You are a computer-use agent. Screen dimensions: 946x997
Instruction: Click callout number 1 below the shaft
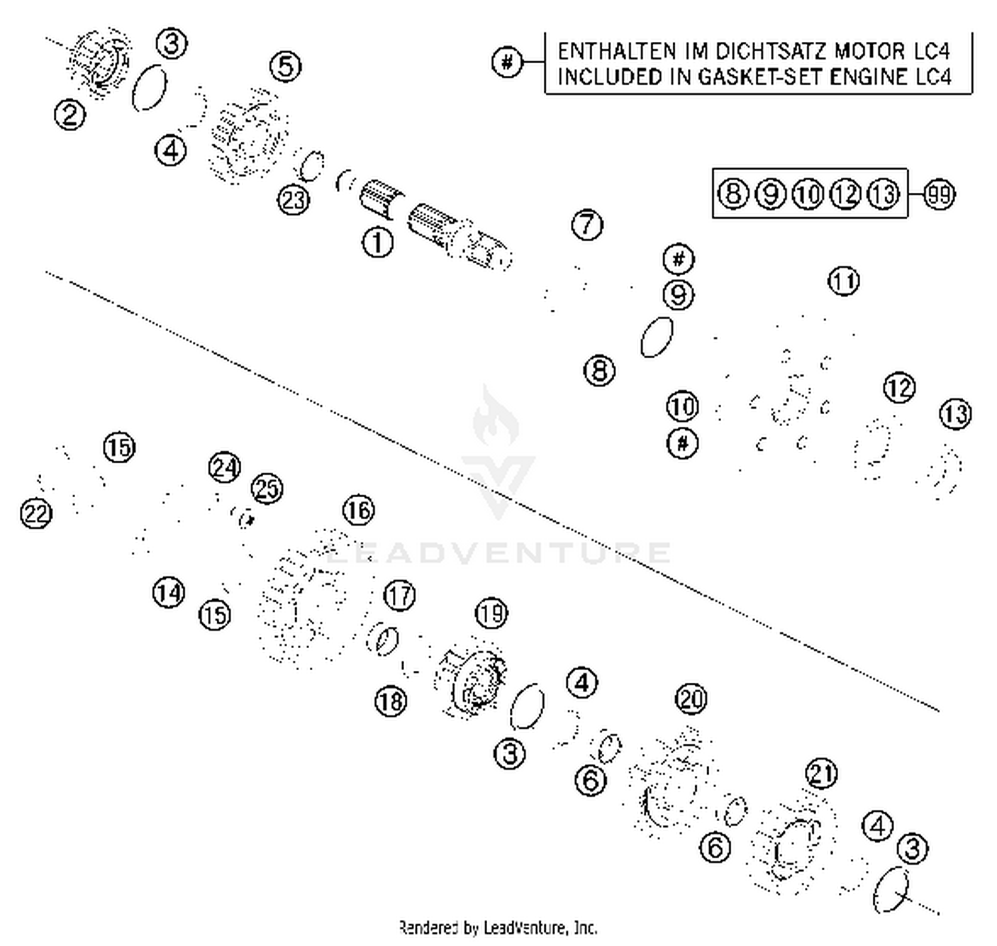tap(377, 242)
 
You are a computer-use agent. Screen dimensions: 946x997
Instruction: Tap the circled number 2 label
tap(70, 115)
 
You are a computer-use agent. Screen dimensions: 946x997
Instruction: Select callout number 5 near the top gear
tap(285, 66)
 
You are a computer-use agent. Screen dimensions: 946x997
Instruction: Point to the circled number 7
tap(587, 224)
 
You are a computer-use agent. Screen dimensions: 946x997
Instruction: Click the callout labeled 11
tap(843, 281)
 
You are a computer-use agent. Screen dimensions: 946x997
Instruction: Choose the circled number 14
tap(168, 592)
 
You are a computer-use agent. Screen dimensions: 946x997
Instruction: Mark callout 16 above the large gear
tap(358, 511)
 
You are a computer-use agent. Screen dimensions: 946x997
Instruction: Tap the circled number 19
tap(491, 613)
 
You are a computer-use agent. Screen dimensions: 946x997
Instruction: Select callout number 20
tap(691, 699)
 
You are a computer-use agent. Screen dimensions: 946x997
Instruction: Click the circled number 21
tap(822, 774)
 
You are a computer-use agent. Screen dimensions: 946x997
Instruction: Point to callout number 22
tap(36, 513)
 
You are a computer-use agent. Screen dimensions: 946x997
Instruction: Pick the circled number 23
tap(293, 199)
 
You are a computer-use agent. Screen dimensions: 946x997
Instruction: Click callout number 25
tap(267, 489)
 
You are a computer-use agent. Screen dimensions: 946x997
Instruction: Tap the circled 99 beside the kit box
tap(939, 195)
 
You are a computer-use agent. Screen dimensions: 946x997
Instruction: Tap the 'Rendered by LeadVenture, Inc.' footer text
tap(498, 927)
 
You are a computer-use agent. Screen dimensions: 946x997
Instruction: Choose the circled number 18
tap(390, 700)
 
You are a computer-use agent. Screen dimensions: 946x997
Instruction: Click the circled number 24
tap(224, 467)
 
